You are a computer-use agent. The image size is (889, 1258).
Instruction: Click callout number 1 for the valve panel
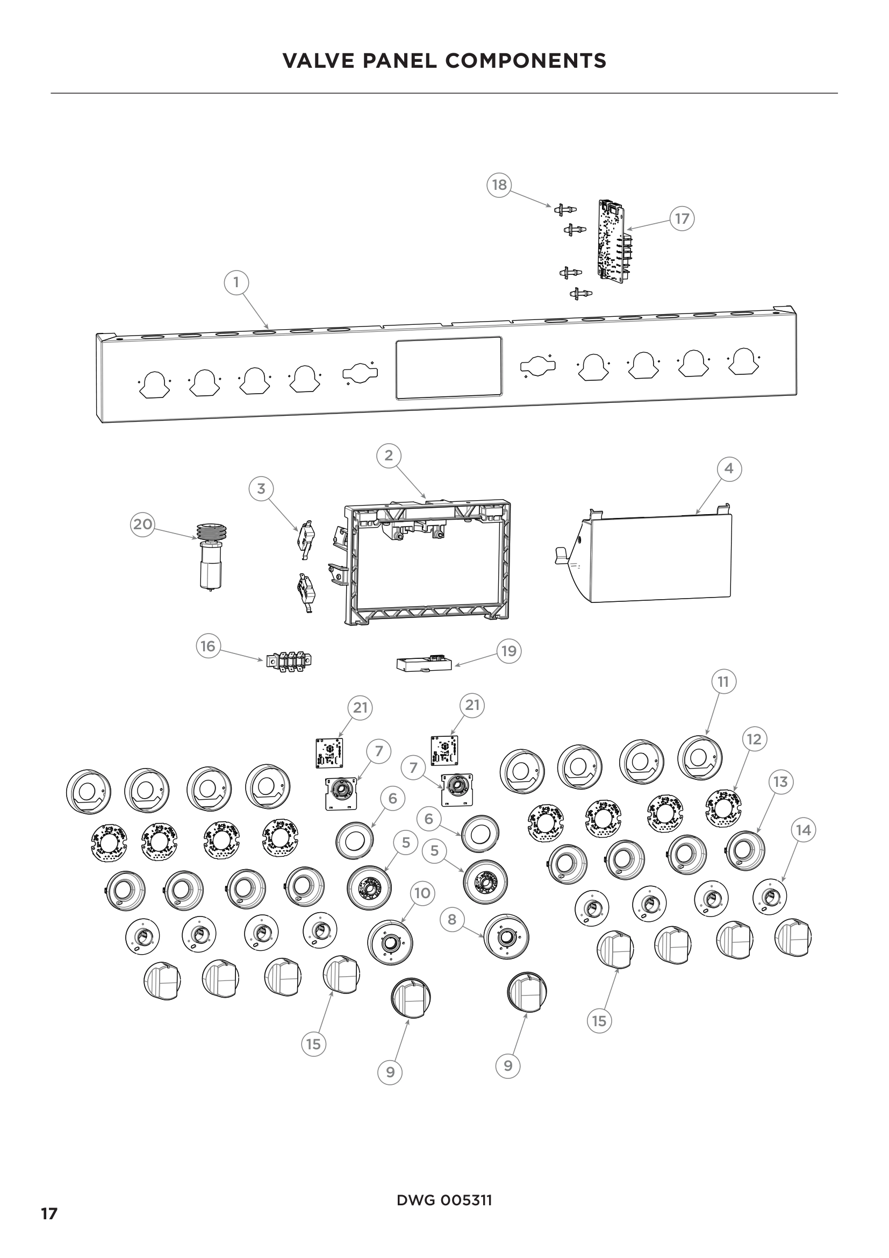(236, 283)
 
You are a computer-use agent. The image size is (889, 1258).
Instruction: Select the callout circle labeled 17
(682, 218)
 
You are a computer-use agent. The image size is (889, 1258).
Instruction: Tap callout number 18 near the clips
(499, 184)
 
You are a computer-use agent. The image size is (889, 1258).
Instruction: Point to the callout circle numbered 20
(142, 524)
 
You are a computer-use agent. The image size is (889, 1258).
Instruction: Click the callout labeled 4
(729, 469)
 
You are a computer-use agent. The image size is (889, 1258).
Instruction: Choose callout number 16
(207, 646)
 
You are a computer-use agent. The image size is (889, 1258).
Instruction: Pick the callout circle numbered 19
(509, 651)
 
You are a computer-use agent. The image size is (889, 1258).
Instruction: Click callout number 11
(723, 681)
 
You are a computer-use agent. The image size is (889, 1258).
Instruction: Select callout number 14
(803, 830)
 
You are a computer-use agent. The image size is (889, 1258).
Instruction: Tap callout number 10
(422, 893)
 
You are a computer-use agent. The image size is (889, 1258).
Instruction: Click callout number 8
(451, 919)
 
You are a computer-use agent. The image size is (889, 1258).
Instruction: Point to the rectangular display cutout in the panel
(448, 367)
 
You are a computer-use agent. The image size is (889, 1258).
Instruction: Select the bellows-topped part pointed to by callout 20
(211, 556)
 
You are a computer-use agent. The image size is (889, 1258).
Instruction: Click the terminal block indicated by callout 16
(289, 661)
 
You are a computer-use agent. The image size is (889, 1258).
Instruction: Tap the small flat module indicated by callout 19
(424, 664)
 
